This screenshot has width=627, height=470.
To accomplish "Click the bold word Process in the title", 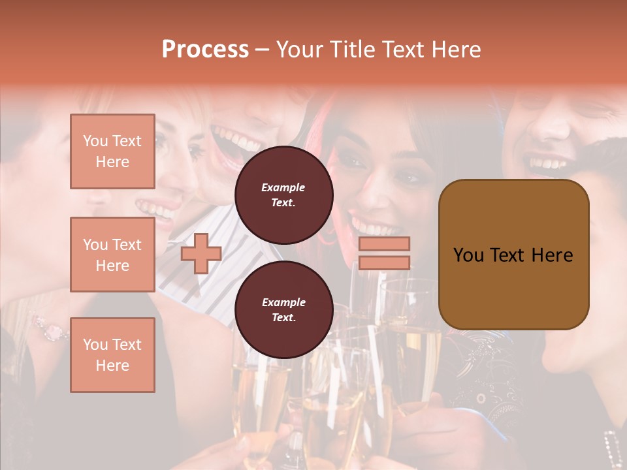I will coord(205,49).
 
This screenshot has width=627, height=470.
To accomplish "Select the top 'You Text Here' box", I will coord(112,151).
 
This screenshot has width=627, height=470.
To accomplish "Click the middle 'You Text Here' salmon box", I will coord(112,255).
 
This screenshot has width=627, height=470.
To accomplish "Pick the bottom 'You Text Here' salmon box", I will coord(112,355).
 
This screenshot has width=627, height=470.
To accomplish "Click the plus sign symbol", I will coord(201,254).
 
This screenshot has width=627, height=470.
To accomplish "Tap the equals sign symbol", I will coord(384,253).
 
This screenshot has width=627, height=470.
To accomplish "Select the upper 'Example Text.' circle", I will coord(283,195).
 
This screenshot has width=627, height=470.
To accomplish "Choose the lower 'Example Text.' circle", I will coord(283,309).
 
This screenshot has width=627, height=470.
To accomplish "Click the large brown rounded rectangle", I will coord(513,255).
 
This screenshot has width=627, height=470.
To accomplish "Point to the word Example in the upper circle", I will coord(283,187).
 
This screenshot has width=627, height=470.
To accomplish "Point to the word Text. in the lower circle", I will coord(283,317).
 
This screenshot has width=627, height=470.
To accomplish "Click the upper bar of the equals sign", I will coord(384,244).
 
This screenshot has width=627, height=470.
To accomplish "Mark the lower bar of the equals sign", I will coord(384,262).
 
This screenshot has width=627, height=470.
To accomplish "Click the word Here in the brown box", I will coord(552,255).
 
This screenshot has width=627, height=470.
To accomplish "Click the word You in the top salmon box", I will coord(95,141).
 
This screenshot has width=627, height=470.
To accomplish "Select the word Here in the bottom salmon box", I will coord(112,366).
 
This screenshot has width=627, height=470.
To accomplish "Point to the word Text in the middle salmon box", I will coord(127,245).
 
